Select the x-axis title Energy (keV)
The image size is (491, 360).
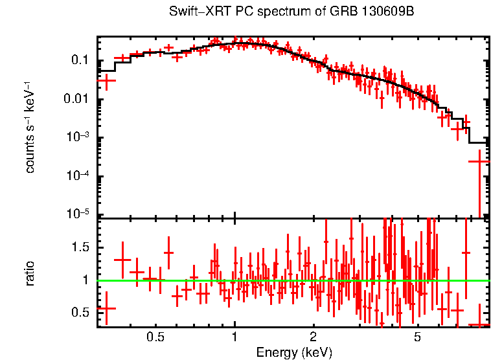294,352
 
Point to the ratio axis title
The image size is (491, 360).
30,273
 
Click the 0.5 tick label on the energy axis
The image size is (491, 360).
155,337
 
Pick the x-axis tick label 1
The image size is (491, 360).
234,337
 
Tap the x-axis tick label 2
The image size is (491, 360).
313,337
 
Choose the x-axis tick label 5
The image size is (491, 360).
417,337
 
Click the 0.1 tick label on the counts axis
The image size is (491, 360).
79,60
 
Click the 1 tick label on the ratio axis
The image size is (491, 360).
85,280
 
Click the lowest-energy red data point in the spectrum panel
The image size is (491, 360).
108,80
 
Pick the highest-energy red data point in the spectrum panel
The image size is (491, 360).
479,161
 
